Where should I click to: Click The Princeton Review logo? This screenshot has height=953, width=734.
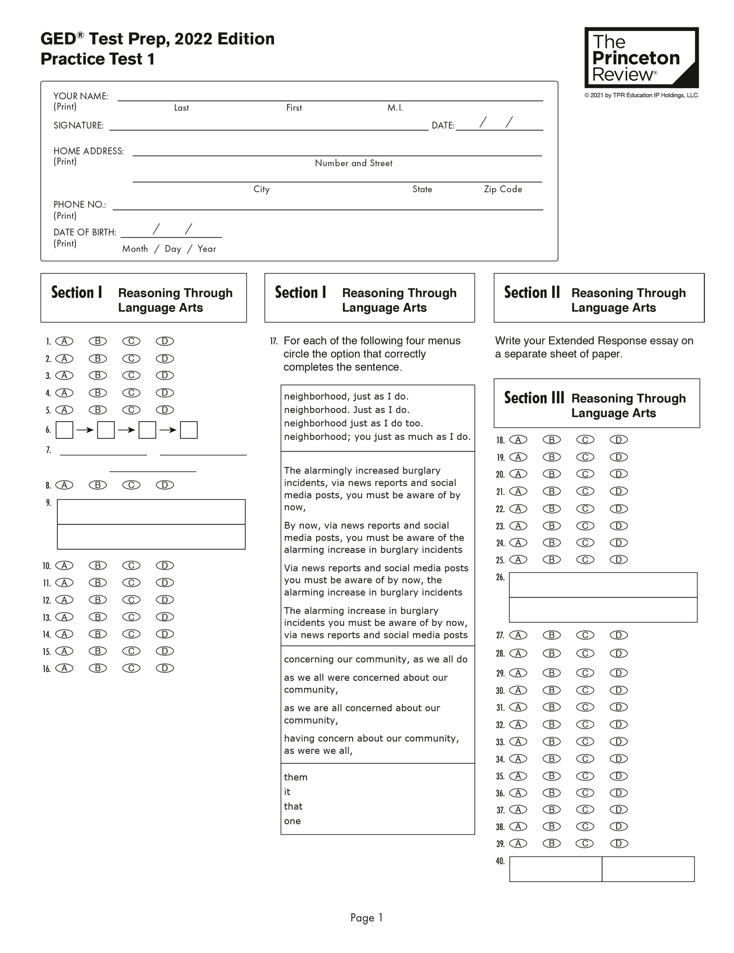click(641, 58)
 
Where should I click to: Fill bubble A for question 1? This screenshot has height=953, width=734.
click(64, 341)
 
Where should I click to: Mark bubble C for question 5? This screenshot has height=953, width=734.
click(131, 410)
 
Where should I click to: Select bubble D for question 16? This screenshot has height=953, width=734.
click(165, 668)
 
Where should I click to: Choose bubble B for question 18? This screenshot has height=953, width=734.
click(551, 440)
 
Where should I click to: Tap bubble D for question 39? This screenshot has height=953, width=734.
click(619, 844)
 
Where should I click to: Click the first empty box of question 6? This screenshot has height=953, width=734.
click(64, 430)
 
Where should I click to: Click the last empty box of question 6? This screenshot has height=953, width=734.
click(189, 430)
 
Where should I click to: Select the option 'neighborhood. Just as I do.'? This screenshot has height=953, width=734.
click(346, 410)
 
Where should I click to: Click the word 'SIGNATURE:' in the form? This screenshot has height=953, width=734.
click(78, 126)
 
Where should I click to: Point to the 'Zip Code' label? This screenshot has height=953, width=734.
click(503, 189)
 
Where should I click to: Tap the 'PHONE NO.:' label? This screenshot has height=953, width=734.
click(80, 205)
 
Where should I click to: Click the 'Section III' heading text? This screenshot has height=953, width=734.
click(534, 398)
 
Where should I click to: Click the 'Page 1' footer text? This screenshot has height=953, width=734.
click(367, 918)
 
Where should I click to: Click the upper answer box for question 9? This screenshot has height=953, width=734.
click(151, 512)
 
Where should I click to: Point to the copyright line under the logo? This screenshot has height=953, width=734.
click(641, 95)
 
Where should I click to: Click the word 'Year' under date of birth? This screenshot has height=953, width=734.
click(207, 249)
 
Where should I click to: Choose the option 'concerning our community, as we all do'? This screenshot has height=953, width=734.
click(376, 659)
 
